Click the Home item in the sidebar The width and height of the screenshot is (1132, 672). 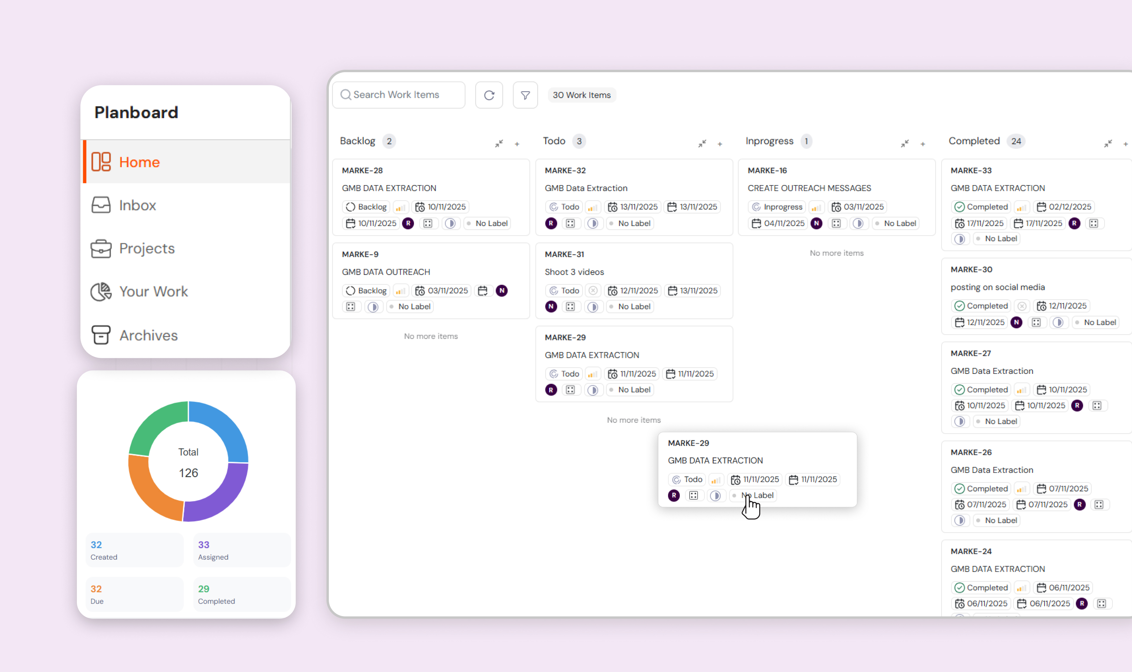coord(139,162)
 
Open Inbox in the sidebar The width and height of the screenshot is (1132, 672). coord(137,205)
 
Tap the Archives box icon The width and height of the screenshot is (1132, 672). coord(101,335)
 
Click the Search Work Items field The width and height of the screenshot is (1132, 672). coord(398,95)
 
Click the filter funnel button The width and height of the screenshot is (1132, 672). coord(525,95)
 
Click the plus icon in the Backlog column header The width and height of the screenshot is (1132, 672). coord(517,144)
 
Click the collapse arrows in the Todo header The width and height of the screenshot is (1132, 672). coord(702,143)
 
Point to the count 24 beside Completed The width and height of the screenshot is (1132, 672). coord(1016,141)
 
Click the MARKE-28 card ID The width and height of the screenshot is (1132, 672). coord(362,171)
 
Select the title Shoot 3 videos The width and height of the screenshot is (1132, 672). coord(574,272)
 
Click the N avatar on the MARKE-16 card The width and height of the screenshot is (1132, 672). coord(816,223)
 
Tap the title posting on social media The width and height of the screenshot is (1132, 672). coord(997,287)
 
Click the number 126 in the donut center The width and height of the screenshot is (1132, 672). coord(188,473)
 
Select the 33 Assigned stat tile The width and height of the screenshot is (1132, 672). coord(241,550)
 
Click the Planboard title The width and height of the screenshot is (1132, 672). coord(136,112)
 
